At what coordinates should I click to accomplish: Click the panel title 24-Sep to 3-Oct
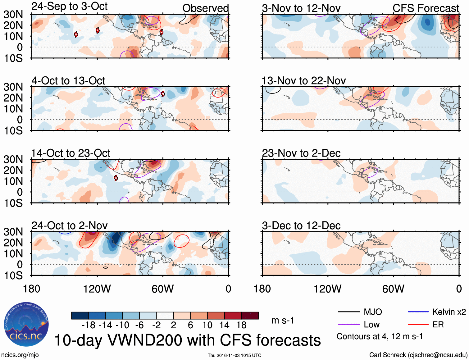[x=69, y=6]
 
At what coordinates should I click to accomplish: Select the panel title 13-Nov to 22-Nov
[x=303, y=81]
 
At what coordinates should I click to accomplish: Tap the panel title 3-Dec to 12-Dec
[x=301, y=226]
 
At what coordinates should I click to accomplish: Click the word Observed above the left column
[x=205, y=8]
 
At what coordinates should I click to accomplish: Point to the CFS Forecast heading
[x=426, y=8]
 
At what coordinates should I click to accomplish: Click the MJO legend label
[x=373, y=312]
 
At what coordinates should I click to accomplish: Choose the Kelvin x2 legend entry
[x=449, y=312]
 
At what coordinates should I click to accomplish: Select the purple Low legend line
[x=349, y=325]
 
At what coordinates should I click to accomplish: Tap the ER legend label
[x=438, y=325]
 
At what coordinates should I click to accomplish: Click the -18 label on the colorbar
[x=88, y=325]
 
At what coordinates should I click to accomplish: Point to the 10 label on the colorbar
[x=207, y=325]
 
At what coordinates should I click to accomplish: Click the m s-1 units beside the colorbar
[x=283, y=320]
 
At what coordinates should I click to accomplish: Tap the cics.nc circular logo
[x=26, y=324]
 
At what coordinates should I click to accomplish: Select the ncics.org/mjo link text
[x=20, y=355]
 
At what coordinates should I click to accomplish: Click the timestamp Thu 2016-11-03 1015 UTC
[x=234, y=355]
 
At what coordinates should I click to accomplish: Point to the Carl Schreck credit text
[x=418, y=355]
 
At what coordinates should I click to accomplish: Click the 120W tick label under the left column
[x=97, y=289]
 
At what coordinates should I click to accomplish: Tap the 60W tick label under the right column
[x=393, y=289]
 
